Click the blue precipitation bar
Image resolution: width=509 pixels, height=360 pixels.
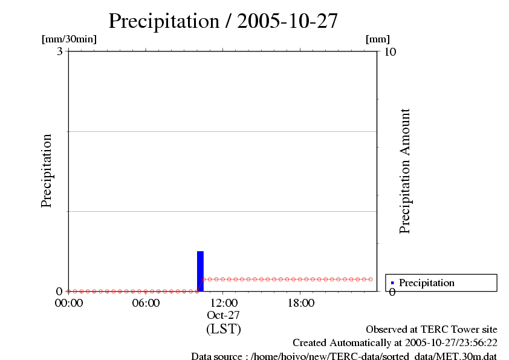pyautogui.click(x=200, y=271)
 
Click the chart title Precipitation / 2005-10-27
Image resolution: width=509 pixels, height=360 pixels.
pyautogui.click(x=223, y=21)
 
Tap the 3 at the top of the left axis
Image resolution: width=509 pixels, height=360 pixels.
pyautogui.click(x=60, y=51)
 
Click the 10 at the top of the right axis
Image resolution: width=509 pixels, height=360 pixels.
pyautogui.click(x=390, y=51)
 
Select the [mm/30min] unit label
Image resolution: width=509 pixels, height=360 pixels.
pyautogui.click(x=69, y=39)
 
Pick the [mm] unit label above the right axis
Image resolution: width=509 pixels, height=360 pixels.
pyautogui.click(x=378, y=39)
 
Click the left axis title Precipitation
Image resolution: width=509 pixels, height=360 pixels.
pyautogui.click(x=47, y=171)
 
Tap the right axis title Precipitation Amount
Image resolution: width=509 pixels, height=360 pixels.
pyautogui.click(x=404, y=171)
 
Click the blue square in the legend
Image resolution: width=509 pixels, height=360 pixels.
pyautogui.click(x=392, y=283)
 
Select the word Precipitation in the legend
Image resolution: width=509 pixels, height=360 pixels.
pyautogui.click(x=427, y=283)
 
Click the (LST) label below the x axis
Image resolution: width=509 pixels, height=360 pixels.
pyautogui.click(x=224, y=329)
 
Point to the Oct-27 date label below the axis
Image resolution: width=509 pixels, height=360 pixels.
pyautogui.click(x=224, y=315)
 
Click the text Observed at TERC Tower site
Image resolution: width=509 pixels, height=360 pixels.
pyautogui.click(x=432, y=330)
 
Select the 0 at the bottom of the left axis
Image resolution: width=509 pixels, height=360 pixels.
pyautogui.click(x=59, y=292)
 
